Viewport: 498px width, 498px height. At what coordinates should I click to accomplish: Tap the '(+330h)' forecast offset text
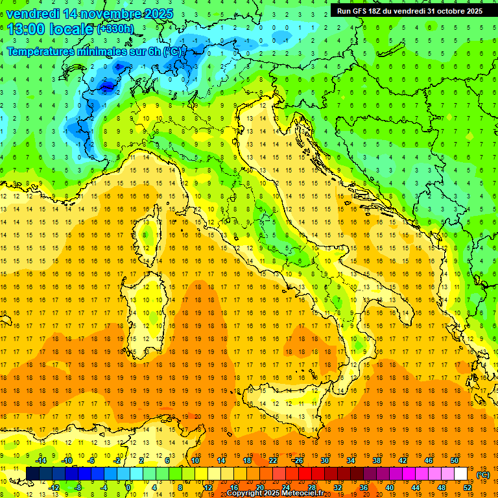pyautogui.click(x=115, y=29)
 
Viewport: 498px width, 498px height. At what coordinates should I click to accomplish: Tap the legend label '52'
pyautogui.click(x=467, y=487)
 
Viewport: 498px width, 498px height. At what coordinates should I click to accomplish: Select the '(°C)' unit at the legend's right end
pyautogui.click(x=483, y=475)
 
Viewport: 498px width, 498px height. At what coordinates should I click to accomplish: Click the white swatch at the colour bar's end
pyautogui.click(x=460, y=474)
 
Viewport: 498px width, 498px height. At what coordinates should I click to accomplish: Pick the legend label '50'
pyautogui.click(x=454, y=460)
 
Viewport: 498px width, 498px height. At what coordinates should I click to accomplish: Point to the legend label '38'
pyautogui.click(x=376, y=460)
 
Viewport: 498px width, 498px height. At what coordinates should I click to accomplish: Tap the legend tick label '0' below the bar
pyautogui.click(x=129, y=487)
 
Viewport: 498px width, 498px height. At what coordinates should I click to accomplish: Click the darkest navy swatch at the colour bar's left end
pyautogui.click(x=32, y=474)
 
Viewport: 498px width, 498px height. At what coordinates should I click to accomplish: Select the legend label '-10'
pyautogui.click(x=65, y=460)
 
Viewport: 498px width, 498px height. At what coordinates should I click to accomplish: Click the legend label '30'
pyautogui.click(x=324, y=460)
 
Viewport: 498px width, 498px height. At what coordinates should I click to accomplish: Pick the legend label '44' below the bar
pyautogui.click(x=415, y=487)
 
